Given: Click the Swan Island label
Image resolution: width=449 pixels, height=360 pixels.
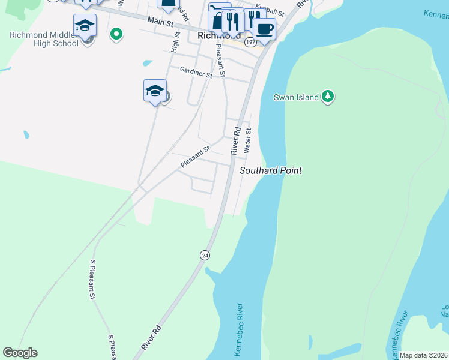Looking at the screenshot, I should pos(296,97).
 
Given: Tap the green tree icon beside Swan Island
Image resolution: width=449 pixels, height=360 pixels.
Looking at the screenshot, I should pos(327,96).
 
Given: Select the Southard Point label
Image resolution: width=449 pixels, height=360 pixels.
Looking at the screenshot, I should pos(271,170).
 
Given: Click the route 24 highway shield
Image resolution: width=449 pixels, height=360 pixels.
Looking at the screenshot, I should pos(205,255).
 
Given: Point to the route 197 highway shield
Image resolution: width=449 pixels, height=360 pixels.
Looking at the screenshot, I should pos(250,42).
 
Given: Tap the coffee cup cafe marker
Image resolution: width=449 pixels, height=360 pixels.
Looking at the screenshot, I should pos(264,28).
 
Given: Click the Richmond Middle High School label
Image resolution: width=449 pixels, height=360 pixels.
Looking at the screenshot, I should pos(44,39).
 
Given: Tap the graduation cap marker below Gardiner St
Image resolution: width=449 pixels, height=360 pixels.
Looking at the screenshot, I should pos(155,91).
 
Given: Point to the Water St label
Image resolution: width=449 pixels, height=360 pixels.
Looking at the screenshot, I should pos(248,139).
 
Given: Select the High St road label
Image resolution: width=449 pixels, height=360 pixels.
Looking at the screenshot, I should pos(176,43).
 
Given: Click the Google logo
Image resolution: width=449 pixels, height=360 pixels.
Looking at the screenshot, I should pos(20,353).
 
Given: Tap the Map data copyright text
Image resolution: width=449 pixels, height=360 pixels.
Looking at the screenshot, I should pos(424,355).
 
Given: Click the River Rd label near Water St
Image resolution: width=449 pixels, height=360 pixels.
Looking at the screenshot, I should pos(237,139).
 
